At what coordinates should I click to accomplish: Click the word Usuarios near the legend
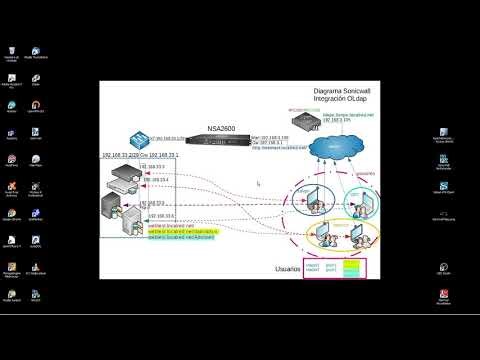click(x=289, y=269)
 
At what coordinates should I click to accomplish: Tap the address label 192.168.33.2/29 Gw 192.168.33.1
click(x=139, y=157)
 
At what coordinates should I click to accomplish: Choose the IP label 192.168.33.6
click(x=160, y=215)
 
